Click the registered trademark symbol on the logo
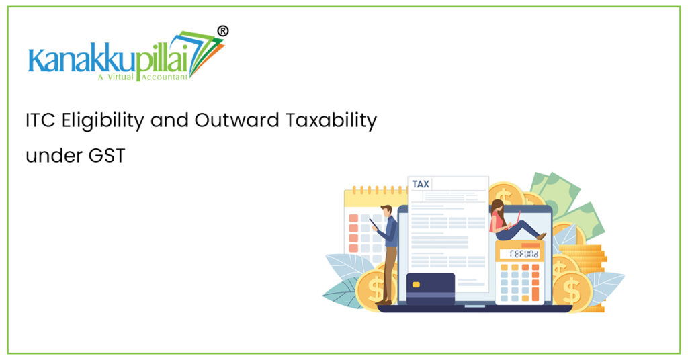pyautogui.click(x=223, y=30)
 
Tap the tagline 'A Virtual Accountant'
pyautogui.click(x=142, y=77)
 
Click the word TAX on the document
pyautogui.click(x=421, y=184)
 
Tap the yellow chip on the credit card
pyautogui.click(x=416, y=284)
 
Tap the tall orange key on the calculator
pyautogui.click(x=535, y=289)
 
